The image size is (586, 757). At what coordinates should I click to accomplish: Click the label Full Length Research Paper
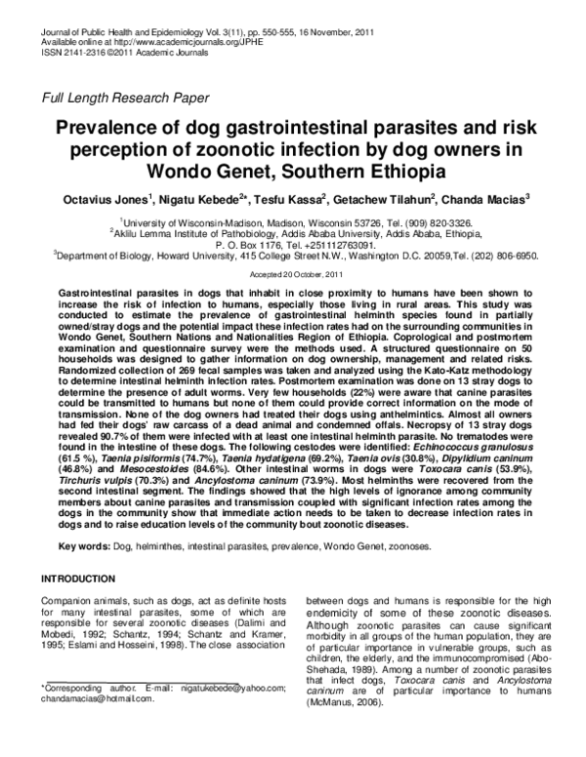[x=118, y=97]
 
